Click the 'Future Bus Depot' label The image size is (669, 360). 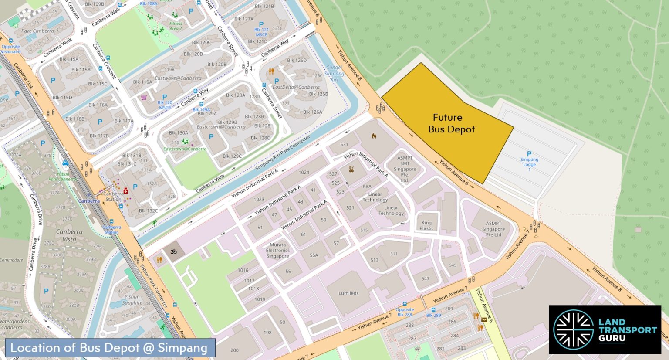pyautogui.click(x=451, y=123)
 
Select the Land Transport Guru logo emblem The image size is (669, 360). pyautogui.click(x=573, y=329)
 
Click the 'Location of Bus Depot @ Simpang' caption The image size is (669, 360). pyautogui.click(x=108, y=348)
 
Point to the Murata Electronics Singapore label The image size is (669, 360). pyautogui.click(x=278, y=251)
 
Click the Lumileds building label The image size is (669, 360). pyautogui.click(x=348, y=293)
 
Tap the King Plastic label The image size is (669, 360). pyautogui.click(x=426, y=225)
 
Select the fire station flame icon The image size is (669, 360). pyautogui.click(x=374, y=136)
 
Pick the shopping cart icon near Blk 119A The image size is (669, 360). pyautogui.click(x=144, y=98)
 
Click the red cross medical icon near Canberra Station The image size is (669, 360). pyautogui.click(x=126, y=190)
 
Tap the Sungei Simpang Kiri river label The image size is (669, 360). pyautogui.click(x=334, y=74)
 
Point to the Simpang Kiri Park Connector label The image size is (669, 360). pyautogui.click(x=283, y=153)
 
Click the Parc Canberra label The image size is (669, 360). pyautogui.click(x=37, y=31)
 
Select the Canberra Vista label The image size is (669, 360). pyautogui.click(x=69, y=235)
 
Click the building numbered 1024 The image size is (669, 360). pyautogui.click(x=304, y=173)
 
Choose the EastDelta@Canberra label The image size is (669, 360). pyautogui.click(x=296, y=87)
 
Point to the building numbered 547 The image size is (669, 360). pyautogui.click(x=425, y=278)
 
